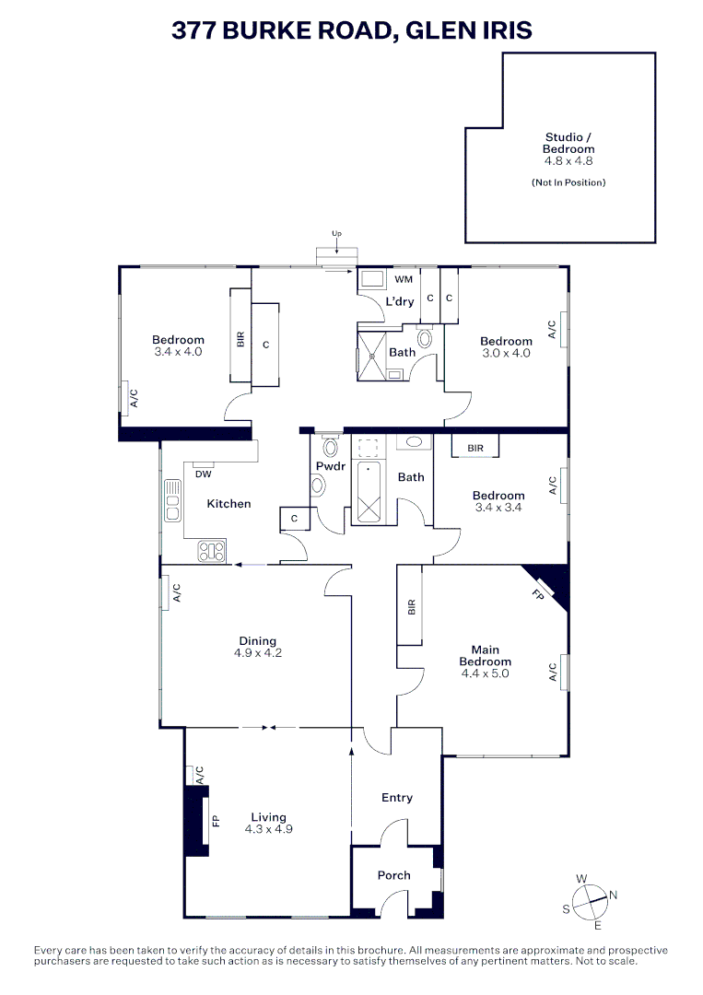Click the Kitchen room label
coord(228,504)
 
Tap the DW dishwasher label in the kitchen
coord(203,474)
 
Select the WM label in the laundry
coord(404,279)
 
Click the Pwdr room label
coord(329,467)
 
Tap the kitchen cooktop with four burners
coord(212,551)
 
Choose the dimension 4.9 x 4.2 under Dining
coord(257,653)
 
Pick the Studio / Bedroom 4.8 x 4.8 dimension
coord(568,160)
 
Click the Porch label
coord(394,875)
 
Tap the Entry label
coord(397,798)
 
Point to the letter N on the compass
coord(614,895)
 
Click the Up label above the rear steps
coord(336,234)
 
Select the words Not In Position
coord(568,182)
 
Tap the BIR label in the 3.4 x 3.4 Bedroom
coord(475,448)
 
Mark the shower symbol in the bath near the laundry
coord(372,354)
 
